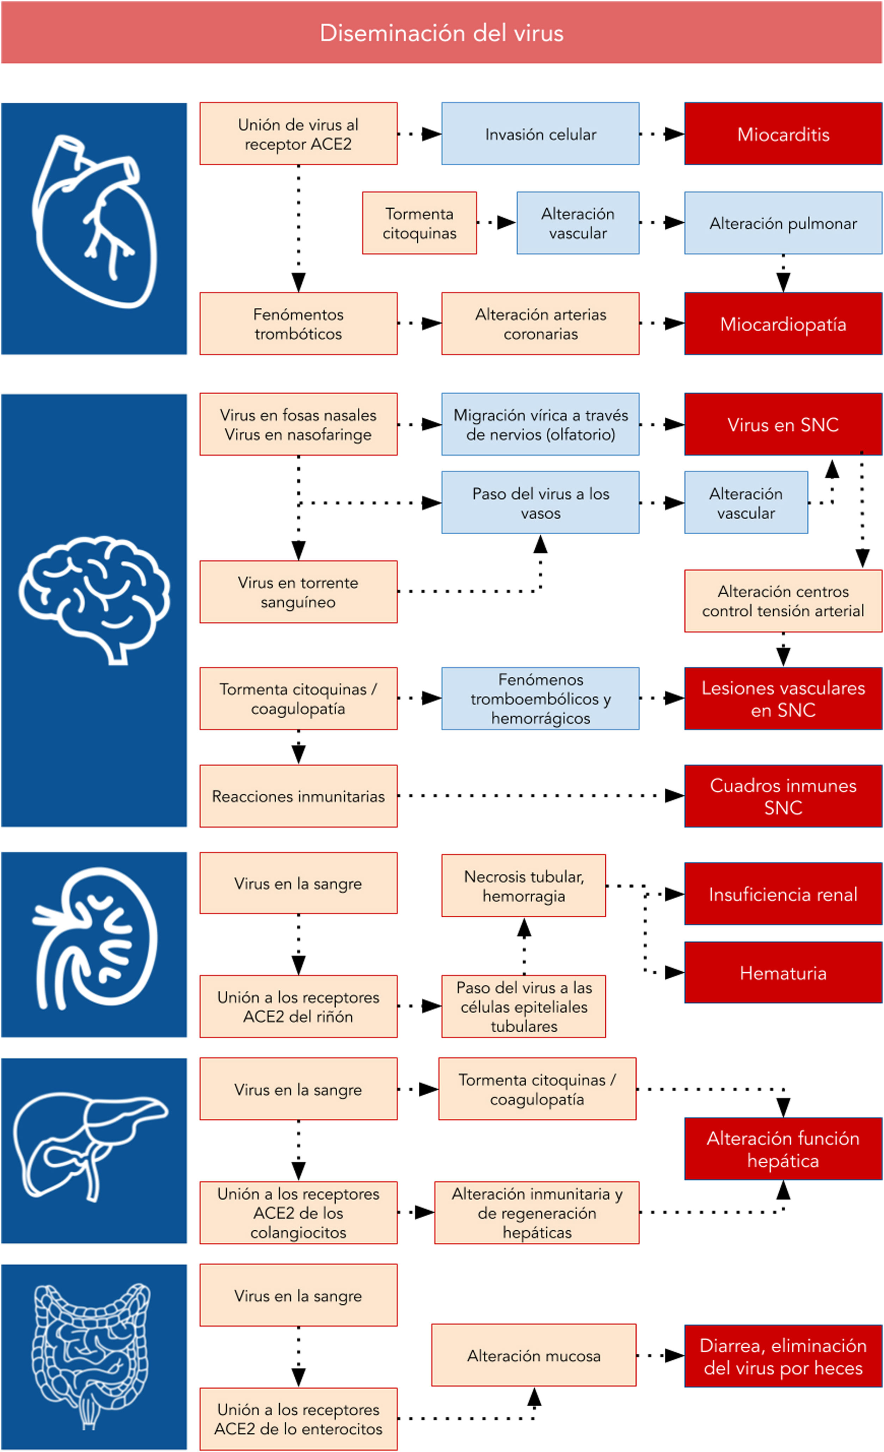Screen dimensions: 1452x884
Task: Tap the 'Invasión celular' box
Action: coord(540,134)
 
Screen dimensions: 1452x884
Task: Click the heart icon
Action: coord(94,221)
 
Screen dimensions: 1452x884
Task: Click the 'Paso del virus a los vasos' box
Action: coord(540,503)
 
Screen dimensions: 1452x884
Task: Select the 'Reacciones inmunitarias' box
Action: coord(298,796)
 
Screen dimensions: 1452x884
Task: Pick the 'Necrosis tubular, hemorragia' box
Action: coord(523,886)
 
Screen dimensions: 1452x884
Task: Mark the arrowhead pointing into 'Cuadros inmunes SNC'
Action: coord(674,796)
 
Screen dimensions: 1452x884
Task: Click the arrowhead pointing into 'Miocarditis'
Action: coord(674,134)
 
